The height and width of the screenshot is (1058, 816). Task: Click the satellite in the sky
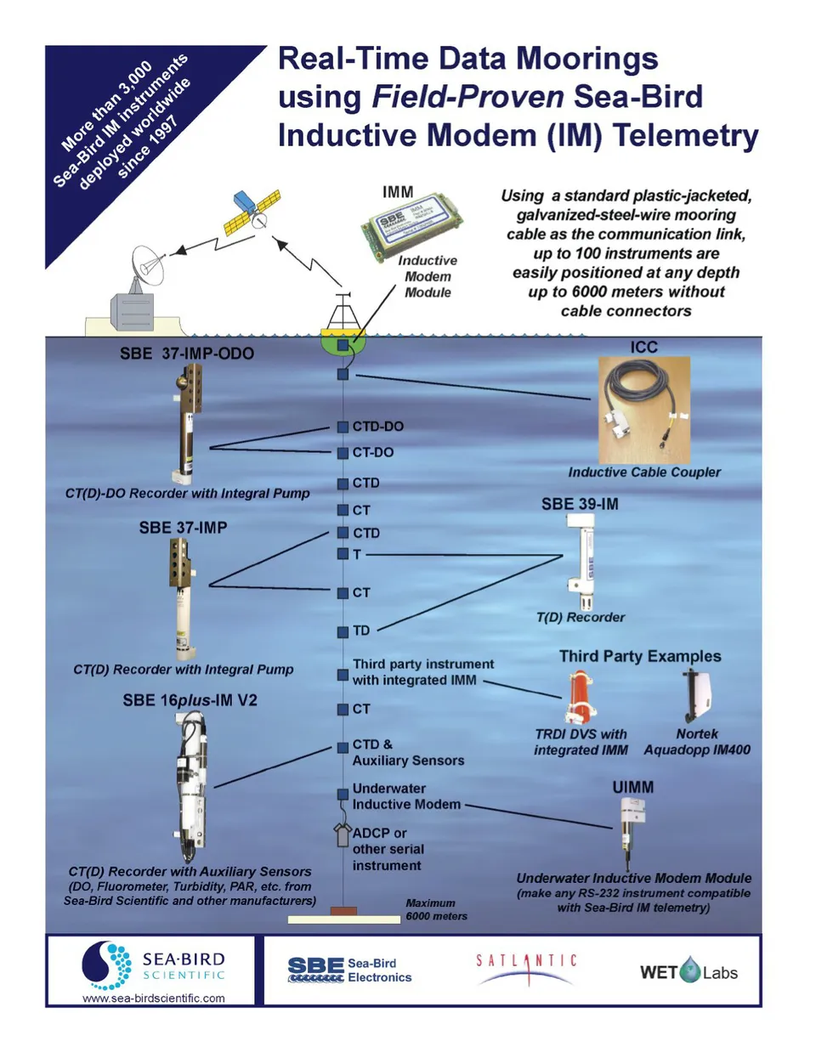coord(252,212)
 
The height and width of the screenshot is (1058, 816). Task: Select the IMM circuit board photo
coord(411,226)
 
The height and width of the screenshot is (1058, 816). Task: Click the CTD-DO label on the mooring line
coord(378,427)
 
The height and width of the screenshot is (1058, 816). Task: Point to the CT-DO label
coord(373,453)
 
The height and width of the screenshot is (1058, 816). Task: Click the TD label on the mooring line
coord(361,631)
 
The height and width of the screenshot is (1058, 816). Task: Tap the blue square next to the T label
coord(343,554)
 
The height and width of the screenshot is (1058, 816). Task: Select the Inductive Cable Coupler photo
coord(643,410)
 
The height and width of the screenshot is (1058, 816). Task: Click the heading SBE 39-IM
coord(580,504)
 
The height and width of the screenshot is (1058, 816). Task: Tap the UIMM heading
coord(633,787)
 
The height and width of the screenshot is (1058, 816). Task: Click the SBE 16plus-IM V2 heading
coord(190,700)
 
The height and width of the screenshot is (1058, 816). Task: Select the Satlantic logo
coord(526,970)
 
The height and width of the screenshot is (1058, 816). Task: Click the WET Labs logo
coord(688,971)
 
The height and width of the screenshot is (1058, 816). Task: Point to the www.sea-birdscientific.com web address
coord(154,999)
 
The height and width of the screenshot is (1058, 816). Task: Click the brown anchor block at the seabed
coord(343,911)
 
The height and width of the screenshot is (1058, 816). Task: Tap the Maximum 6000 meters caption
coord(436,909)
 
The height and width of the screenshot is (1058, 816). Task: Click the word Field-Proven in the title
coord(467,97)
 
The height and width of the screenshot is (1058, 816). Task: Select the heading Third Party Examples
coord(640,656)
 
